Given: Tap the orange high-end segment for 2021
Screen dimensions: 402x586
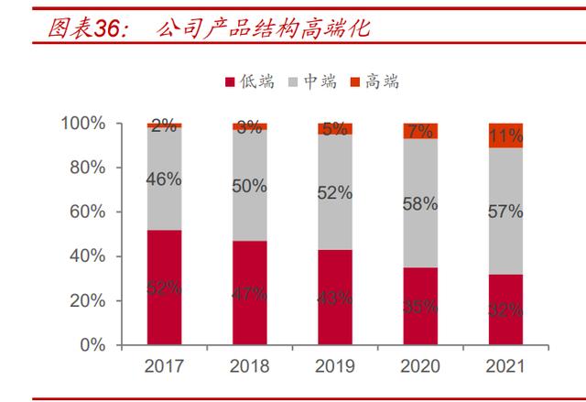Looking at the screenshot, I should click(505, 135).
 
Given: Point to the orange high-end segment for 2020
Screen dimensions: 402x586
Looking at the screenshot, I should click(420, 131).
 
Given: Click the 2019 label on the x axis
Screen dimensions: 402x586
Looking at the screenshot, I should click(334, 367).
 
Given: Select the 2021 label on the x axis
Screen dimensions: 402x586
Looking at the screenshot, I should click(505, 367).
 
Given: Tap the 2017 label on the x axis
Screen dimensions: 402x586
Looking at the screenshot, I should click(164, 367).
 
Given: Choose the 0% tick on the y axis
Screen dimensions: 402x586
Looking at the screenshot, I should click(92, 345).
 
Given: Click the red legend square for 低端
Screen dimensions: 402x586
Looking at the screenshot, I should click(229, 82).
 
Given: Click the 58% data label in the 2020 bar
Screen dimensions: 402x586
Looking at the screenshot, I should click(420, 204).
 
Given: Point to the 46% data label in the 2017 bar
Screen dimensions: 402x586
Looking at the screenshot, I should click(164, 179).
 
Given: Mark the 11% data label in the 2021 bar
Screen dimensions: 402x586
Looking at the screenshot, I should click(505, 135).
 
